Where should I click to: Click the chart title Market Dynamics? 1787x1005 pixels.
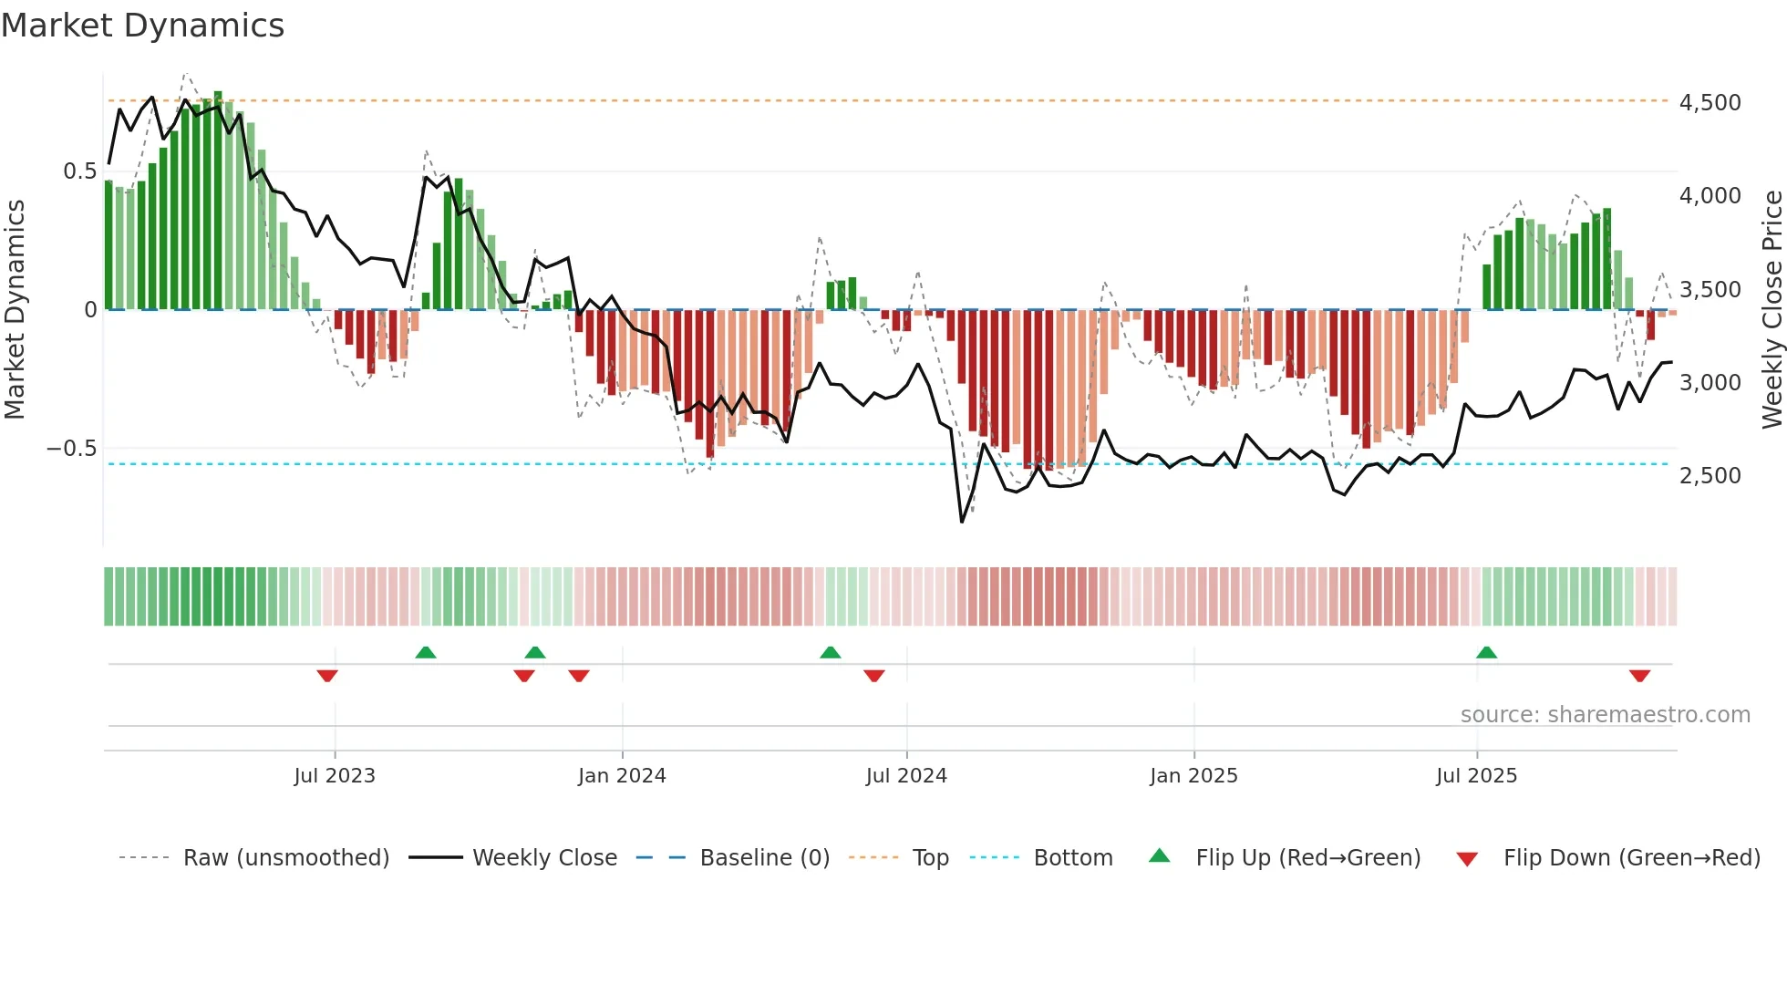coord(142,26)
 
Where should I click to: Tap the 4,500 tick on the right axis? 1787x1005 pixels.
coord(1710,102)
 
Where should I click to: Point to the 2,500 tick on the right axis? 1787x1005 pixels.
coord(1710,475)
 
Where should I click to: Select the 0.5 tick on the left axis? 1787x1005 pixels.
coord(79,171)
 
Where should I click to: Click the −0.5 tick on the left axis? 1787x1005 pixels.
coord(71,448)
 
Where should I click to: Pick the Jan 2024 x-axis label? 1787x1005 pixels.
coord(622,776)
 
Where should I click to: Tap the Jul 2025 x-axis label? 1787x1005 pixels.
coord(1476,776)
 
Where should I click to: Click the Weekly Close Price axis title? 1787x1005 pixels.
coord(1772,309)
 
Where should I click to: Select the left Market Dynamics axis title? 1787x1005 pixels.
coord(15,309)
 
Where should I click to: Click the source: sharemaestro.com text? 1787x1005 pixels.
coord(1605,715)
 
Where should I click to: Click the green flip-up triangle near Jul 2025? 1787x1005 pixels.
coord(1486,652)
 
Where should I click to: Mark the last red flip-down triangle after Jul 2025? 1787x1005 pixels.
coord(1639,676)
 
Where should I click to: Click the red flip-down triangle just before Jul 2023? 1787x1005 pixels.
coord(327,676)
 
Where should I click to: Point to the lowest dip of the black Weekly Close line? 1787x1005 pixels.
coord(962,521)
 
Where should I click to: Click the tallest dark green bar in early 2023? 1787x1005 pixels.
coord(218,201)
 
